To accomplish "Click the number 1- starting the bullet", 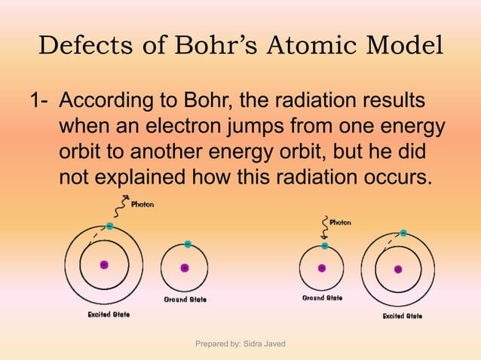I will click(38, 101).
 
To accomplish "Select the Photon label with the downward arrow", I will click(339, 223).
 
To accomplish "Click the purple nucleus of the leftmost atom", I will click(104, 265).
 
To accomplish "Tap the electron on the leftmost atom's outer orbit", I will click(110, 226).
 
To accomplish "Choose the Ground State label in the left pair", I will click(185, 300).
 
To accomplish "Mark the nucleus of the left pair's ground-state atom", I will click(185, 267).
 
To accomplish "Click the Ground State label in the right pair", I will click(322, 298).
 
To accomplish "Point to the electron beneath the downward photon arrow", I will click(325, 246).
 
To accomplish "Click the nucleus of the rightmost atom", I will click(397, 269).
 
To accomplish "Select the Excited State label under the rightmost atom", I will click(402, 316).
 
